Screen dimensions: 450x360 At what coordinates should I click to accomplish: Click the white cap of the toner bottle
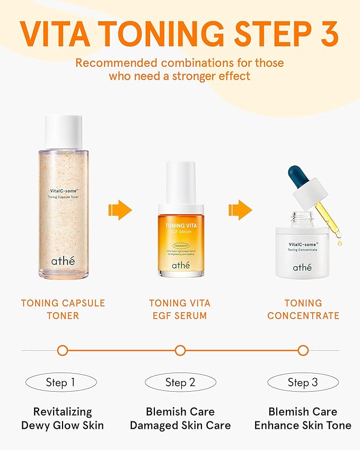tap(64, 131)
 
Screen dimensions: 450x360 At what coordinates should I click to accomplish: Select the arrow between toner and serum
tap(120, 210)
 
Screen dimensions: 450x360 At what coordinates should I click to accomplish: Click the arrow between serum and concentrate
tap(241, 210)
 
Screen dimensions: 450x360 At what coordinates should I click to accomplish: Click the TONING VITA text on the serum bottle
tap(180, 225)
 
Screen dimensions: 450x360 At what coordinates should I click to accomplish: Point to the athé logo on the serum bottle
tap(180, 264)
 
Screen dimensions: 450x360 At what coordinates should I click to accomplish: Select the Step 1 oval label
tap(62, 382)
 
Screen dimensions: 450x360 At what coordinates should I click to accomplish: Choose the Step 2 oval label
tap(180, 382)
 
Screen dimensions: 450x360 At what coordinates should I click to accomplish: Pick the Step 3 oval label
tap(303, 382)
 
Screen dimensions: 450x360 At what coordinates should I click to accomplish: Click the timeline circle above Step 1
tap(63, 350)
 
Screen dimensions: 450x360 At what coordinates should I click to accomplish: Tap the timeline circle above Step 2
tap(180, 350)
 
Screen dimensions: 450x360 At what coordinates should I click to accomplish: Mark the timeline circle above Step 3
tap(303, 350)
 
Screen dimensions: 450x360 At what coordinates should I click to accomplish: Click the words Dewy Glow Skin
tap(63, 425)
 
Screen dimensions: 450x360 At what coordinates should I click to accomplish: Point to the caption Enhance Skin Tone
tap(303, 425)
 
